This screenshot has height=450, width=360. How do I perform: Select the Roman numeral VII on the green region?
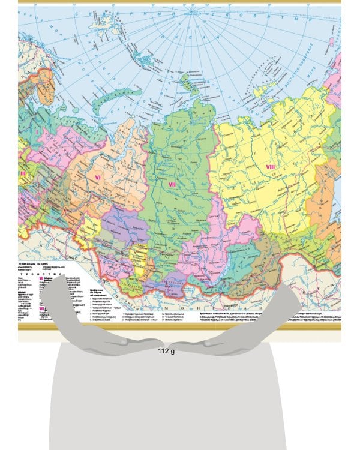click(171, 184)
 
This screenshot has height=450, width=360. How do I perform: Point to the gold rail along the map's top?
click(180, 2)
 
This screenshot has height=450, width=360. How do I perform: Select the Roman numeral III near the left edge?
click(23, 173)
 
